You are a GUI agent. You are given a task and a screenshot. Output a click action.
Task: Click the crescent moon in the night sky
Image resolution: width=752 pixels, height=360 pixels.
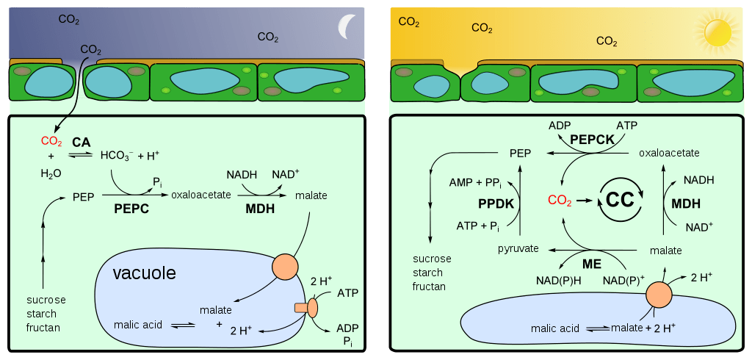[344, 27]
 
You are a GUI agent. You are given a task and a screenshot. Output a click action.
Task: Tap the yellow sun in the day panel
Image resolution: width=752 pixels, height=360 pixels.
[717, 32]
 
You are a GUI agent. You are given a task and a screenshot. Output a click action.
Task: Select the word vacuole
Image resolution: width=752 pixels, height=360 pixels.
[144, 273]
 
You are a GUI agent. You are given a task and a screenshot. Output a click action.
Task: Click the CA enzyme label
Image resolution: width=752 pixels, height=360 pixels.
[81, 141]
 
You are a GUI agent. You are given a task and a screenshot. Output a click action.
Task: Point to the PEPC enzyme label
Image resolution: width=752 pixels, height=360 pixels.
[131, 209]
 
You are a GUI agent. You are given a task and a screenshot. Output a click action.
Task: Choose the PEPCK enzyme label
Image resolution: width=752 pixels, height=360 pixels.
[591, 138]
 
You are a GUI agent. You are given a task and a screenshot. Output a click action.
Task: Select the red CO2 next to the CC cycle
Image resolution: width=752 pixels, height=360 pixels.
[560, 200]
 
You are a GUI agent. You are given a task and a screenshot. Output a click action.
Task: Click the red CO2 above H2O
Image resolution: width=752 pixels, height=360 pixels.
[51, 141]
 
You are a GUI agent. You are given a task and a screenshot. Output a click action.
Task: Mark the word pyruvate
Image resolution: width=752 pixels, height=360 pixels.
[518, 249]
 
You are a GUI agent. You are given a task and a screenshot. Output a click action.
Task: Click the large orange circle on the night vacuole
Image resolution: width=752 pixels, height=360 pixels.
[284, 266]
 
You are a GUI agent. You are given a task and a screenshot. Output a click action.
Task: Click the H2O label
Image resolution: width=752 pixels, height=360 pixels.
[51, 174]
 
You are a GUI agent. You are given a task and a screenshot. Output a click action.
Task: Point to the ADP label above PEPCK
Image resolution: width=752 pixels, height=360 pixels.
[560, 126]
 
